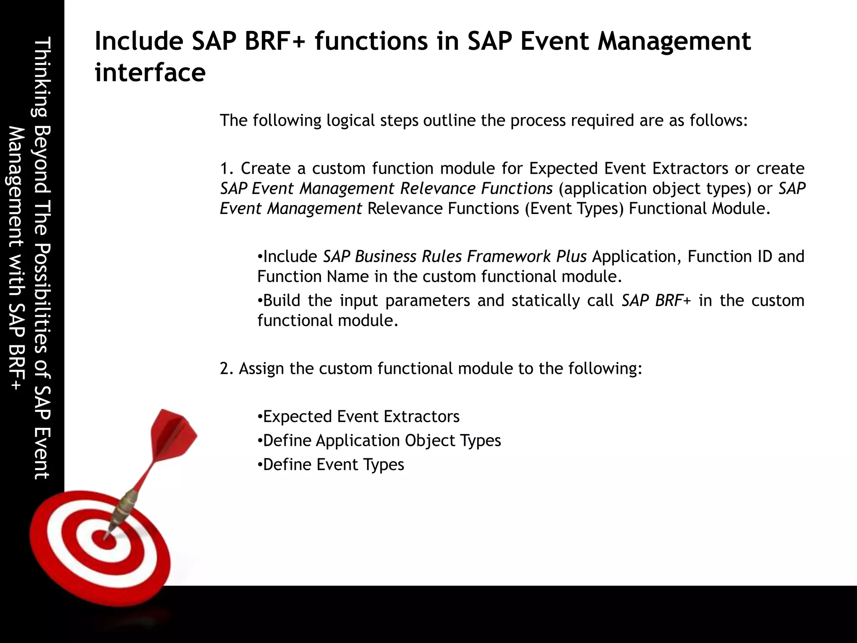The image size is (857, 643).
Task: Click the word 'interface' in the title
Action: coord(150,72)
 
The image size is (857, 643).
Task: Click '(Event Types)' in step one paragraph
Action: coord(575,208)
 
